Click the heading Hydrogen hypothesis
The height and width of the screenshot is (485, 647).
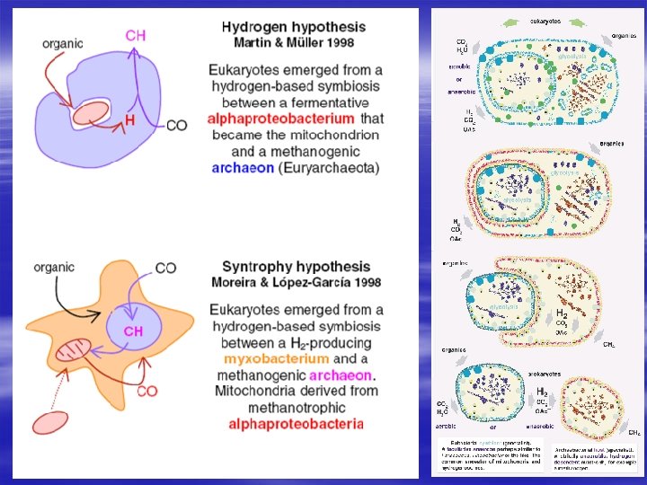[294, 26]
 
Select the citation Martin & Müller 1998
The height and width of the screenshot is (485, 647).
[294, 42]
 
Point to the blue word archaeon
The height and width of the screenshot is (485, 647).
[243, 167]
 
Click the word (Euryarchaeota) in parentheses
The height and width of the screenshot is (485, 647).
[329, 167]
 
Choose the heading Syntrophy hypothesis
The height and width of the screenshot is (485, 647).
[296, 267]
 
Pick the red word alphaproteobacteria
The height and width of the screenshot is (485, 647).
[296, 424]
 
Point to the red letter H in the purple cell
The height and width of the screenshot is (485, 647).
[129, 119]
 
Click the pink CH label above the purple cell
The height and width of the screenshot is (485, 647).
[136, 35]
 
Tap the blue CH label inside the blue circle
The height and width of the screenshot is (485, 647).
[133, 331]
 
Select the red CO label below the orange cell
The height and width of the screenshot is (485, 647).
[147, 392]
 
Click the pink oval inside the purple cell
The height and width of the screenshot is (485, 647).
[89, 113]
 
